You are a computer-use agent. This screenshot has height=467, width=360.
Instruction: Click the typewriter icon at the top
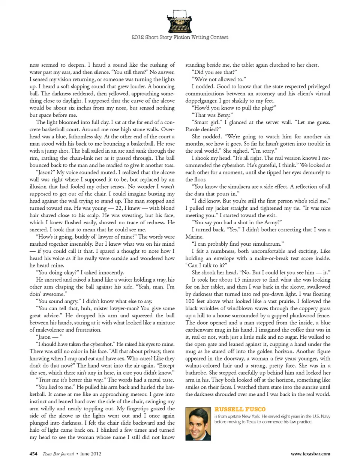coord(180,22)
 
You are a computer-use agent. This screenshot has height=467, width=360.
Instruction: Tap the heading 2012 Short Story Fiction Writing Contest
coord(180,37)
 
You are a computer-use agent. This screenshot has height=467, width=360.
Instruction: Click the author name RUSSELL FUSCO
coord(240,409)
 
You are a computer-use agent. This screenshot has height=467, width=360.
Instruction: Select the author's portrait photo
coord(198,423)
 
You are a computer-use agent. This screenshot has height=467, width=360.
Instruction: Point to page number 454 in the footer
coord(33,453)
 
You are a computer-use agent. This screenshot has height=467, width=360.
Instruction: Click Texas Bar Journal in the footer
coord(58,453)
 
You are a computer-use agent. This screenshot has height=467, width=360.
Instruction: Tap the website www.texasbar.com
coord(310,453)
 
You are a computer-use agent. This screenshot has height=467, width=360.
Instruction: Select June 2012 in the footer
coord(91,453)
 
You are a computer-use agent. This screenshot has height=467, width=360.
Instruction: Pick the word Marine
coord(194,237)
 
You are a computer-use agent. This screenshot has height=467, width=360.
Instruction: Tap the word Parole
coord(193,129)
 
